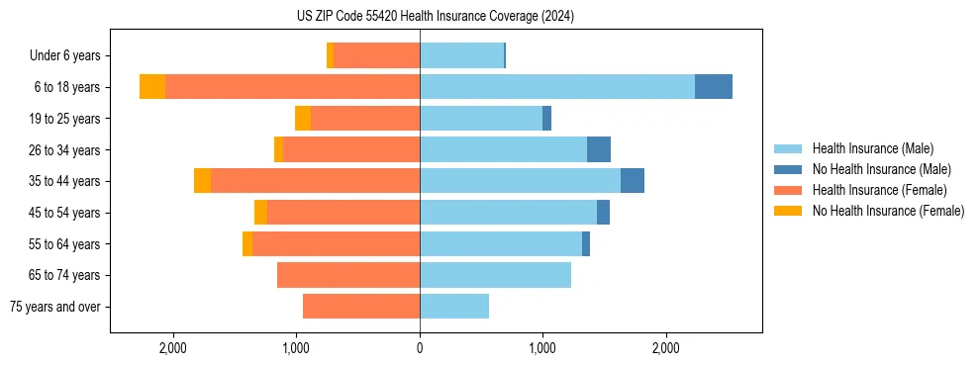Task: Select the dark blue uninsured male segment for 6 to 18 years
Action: pyautogui.click(x=713, y=87)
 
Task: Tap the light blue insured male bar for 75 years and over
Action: pyautogui.click(x=454, y=307)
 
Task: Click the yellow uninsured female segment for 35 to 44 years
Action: pyautogui.click(x=202, y=181)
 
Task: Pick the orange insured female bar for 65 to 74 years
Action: pyautogui.click(x=348, y=275)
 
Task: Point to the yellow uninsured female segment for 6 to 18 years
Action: pyautogui.click(x=152, y=87)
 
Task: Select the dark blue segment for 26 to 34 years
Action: pyautogui.click(x=599, y=149)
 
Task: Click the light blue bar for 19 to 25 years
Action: pyautogui.click(x=481, y=119)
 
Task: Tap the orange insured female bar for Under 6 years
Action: pyautogui.click(x=376, y=55)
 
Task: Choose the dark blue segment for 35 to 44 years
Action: pyautogui.click(x=633, y=181)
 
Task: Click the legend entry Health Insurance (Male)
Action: pyautogui.click(x=872, y=148)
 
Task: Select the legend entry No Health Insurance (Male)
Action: pyautogui.click(x=881, y=169)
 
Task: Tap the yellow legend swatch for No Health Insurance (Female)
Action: pyautogui.click(x=788, y=211)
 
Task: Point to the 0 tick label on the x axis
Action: pyautogui.click(x=420, y=348)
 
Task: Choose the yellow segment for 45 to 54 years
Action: pyautogui.click(x=260, y=213)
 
